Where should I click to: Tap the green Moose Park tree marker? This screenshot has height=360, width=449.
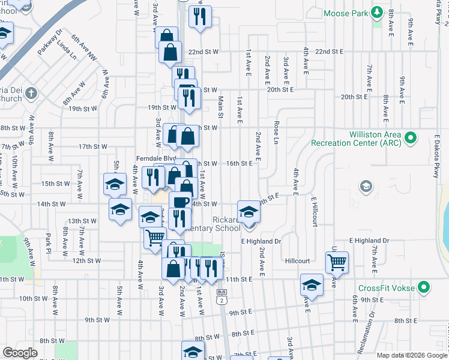tap(376, 12)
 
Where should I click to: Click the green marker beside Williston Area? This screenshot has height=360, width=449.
tap(411, 139)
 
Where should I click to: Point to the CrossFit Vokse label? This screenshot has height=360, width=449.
tap(387, 288)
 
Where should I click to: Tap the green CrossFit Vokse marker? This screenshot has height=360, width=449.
tap(424, 288)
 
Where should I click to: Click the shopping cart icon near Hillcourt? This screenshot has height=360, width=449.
tap(337, 262)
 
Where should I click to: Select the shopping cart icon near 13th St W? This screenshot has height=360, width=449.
tap(155, 237)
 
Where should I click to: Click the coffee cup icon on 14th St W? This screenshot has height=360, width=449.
tap(180, 202)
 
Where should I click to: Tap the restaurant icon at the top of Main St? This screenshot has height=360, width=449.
tap(200, 16)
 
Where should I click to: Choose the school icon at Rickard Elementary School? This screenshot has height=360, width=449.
tap(249, 211)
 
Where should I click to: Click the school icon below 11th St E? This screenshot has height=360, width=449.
tap(312, 284)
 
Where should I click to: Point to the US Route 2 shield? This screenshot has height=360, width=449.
tap(222, 299)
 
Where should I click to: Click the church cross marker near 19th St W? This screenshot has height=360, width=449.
tap(31, 94)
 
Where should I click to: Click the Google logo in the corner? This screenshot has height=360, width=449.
tap(20, 353)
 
